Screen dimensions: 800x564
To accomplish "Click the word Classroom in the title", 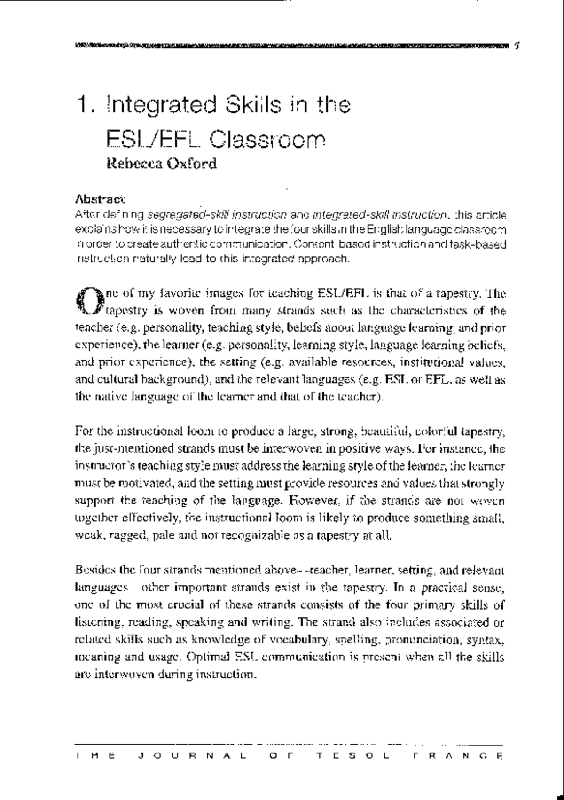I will [267, 139].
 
